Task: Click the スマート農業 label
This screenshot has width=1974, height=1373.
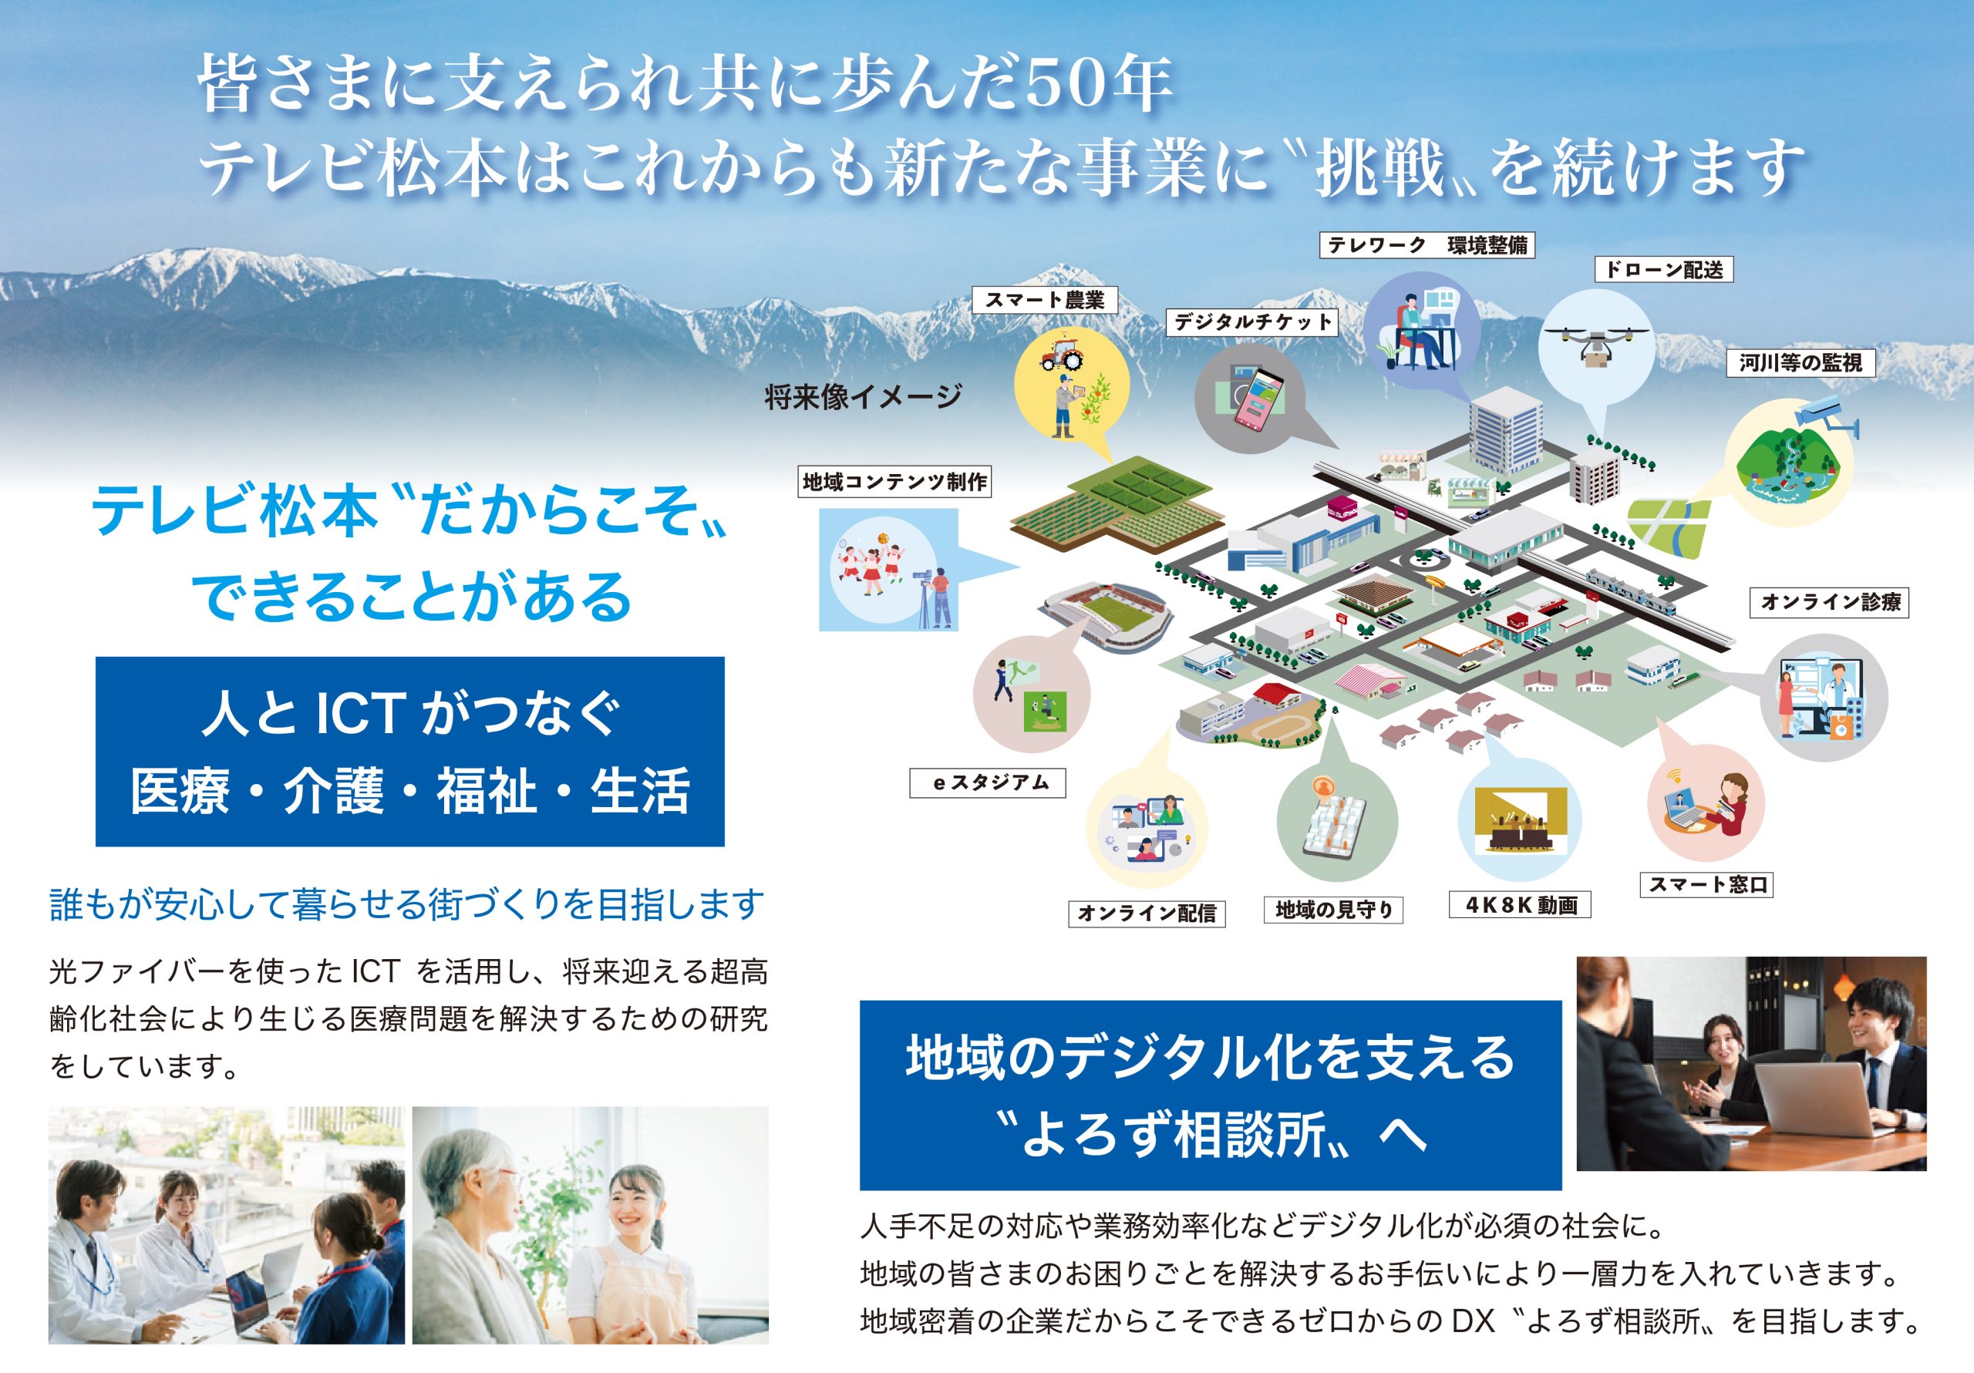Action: coord(1044,300)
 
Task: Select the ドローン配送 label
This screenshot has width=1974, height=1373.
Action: coord(1663,269)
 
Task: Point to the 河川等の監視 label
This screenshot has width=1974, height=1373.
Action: coord(1801,363)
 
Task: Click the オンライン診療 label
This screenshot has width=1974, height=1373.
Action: coord(1830,602)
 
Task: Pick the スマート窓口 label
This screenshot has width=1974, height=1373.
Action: coord(1706,885)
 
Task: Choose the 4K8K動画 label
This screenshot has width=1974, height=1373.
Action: coord(1521,904)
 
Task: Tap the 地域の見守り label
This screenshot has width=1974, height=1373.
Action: coord(1333,910)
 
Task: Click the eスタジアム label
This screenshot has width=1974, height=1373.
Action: coord(988,782)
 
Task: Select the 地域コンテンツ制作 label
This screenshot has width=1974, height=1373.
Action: coord(894,482)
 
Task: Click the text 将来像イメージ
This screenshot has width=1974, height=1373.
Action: coord(862,397)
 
